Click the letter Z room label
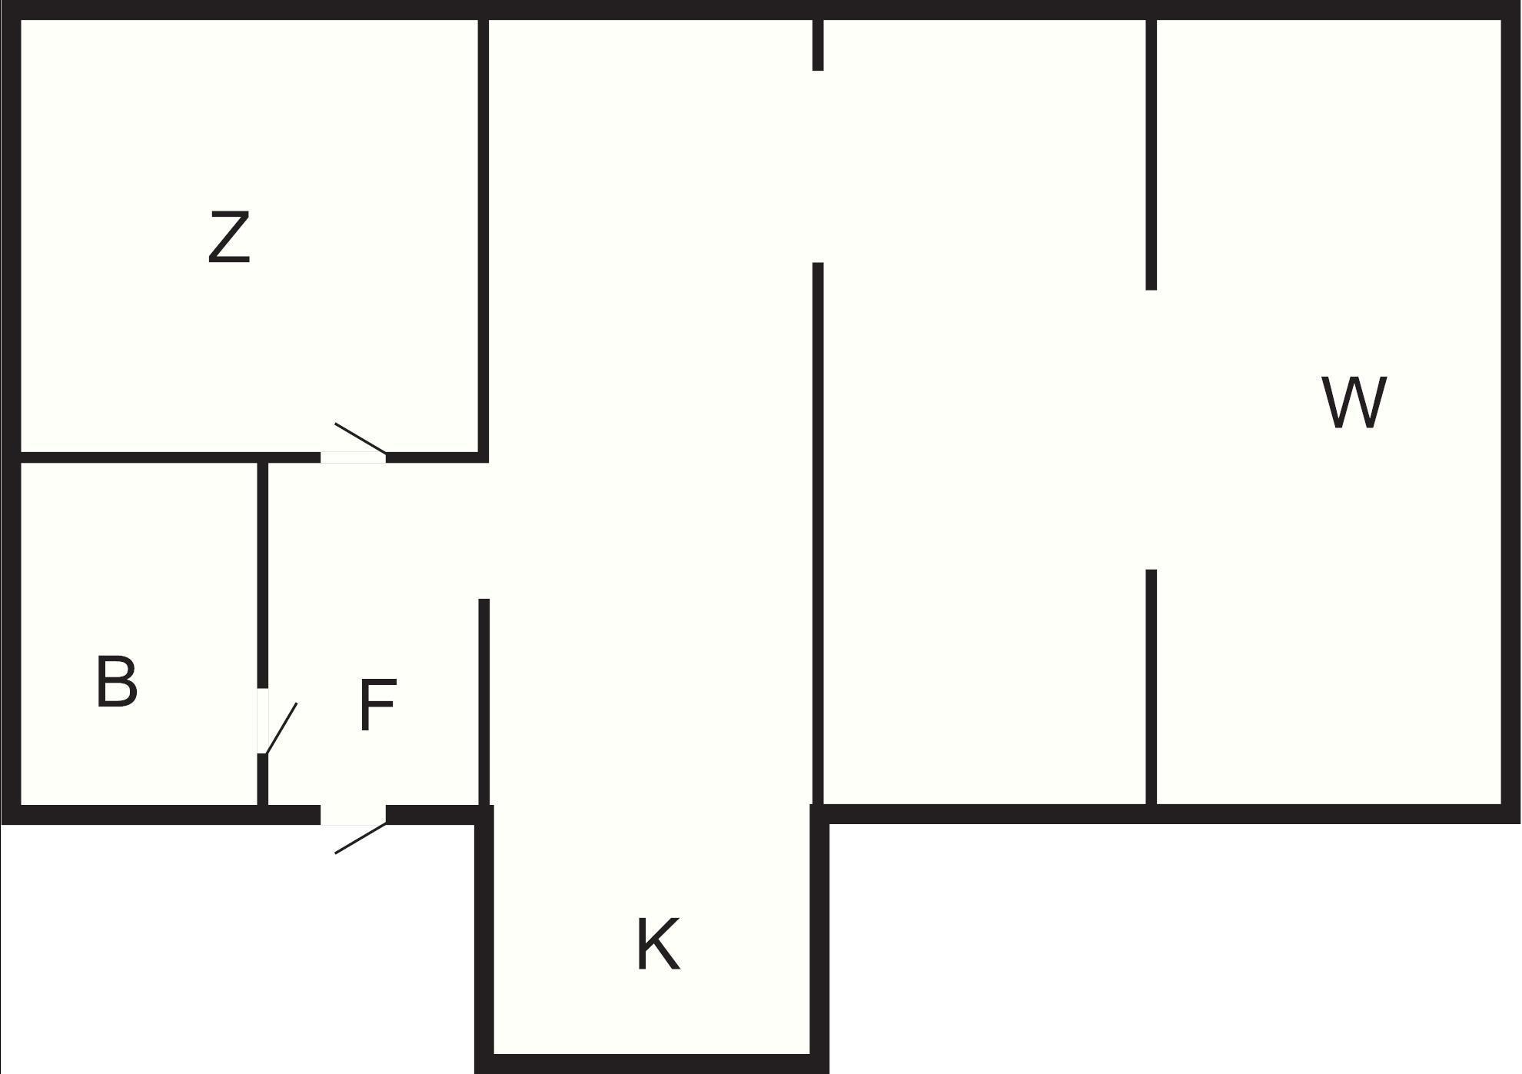(229, 238)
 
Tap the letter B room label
(117, 681)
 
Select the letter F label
(377, 704)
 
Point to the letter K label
(659, 943)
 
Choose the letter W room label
(1354, 402)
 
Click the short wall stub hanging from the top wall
(818, 45)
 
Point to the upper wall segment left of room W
(1151, 154)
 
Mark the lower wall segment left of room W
(1151, 688)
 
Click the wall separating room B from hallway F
(262, 575)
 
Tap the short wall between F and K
(484, 702)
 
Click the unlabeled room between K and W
(984, 415)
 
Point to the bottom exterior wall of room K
(652, 1064)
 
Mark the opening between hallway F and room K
(484, 530)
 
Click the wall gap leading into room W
(1151, 430)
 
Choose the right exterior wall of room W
(1511, 412)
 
